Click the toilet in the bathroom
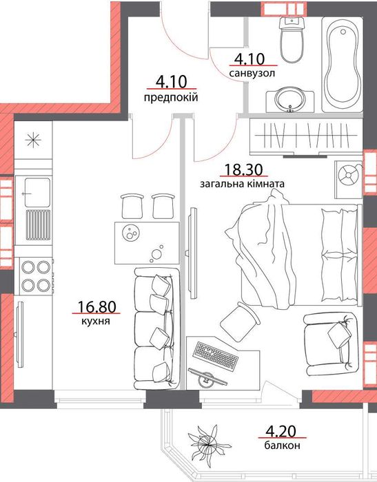pyautogui.click(x=292, y=40)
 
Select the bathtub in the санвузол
pyautogui.click(x=343, y=64)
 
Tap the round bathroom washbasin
pyautogui.click(x=290, y=101)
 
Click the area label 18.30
pyautogui.click(x=244, y=169)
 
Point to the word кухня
pyautogui.click(x=96, y=322)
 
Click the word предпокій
pyautogui.click(x=170, y=98)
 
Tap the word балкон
pyautogui.click(x=282, y=445)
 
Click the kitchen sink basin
pyautogui.click(x=37, y=193)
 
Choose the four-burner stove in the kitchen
pyautogui.click(x=36, y=276)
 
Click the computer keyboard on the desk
pyautogui.click(x=216, y=356)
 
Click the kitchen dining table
pyautogui.click(x=147, y=243)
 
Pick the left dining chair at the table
pyautogui.click(x=132, y=206)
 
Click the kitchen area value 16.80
pyautogui.click(x=96, y=307)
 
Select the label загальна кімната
pyautogui.click(x=242, y=184)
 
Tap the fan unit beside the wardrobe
pyautogui.click(x=348, y=176)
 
